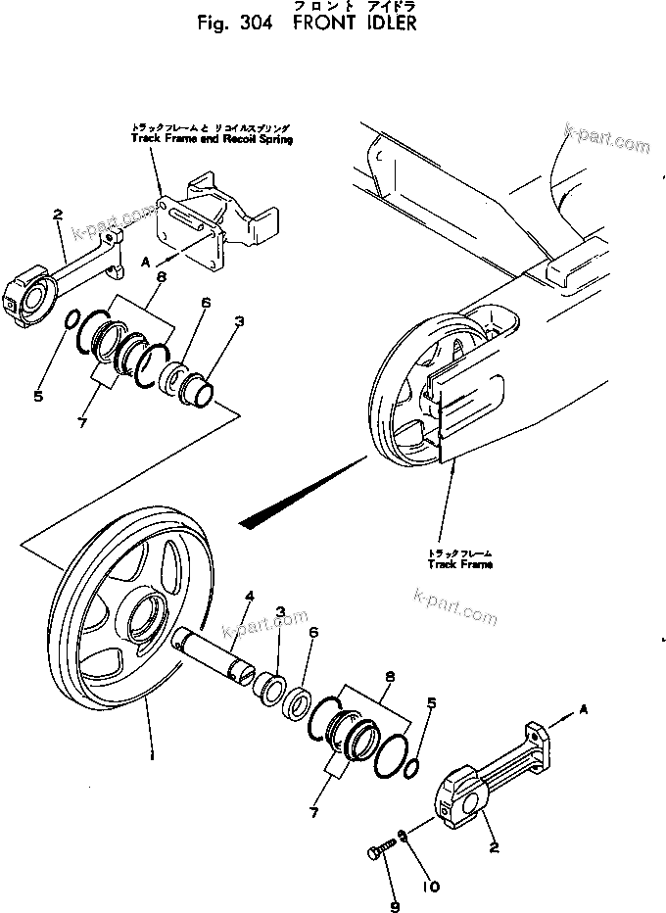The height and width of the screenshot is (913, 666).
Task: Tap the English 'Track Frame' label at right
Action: (459, 565)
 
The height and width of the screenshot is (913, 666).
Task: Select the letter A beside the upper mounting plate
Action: (145, 262)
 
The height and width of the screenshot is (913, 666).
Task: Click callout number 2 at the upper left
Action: (59, 213)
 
